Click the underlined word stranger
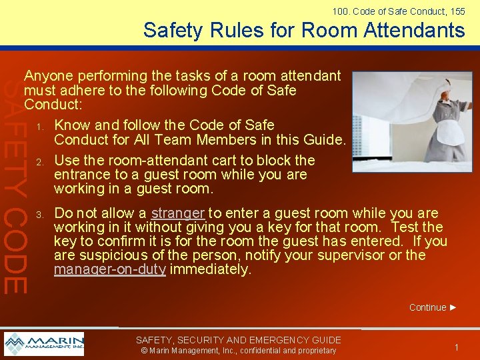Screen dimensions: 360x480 (x=177, y=213)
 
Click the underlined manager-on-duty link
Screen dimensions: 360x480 (x=109, y=269)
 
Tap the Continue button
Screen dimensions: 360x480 (x=433, y=307)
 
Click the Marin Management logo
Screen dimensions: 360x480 (x=44, y=343)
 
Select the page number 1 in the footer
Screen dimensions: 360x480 (x=457, y=347)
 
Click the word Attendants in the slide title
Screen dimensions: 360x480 (x=413, y=30)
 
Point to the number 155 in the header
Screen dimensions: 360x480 (x=457, y=11)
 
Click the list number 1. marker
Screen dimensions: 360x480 (x=40, y=126)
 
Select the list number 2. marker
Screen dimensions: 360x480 (x=40, y=161)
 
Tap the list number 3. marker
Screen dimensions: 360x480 (x=40, y=215)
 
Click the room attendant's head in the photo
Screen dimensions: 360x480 (x=423, y=89)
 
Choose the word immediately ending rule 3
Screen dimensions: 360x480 (x=209, y=269)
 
